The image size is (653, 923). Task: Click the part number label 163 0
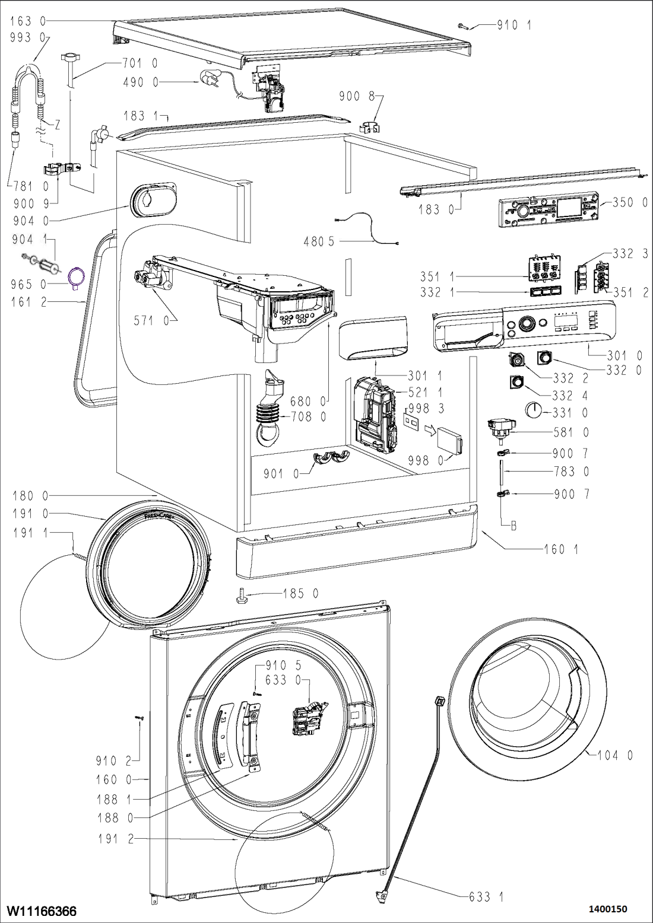[x=28, y=21]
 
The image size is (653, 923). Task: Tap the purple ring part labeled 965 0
[x=77, y=277]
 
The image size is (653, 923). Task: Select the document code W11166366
[x=42, y=910]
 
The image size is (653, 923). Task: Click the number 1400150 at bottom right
[x=607, y=909]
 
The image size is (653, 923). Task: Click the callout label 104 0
[x=615, y=755]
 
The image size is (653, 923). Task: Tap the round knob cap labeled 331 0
[x=534, y=410]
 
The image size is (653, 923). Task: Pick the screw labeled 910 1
[x=465, y=25]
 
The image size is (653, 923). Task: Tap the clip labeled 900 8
[x=371, y=126]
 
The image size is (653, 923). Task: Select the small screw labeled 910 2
[x=139, y=719]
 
